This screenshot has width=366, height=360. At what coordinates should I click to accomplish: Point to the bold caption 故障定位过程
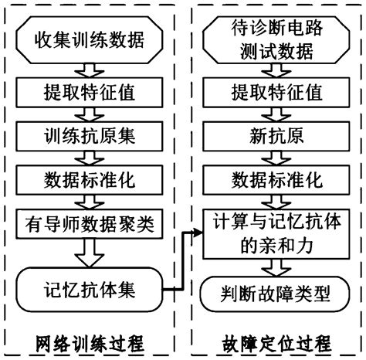[269, 342]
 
